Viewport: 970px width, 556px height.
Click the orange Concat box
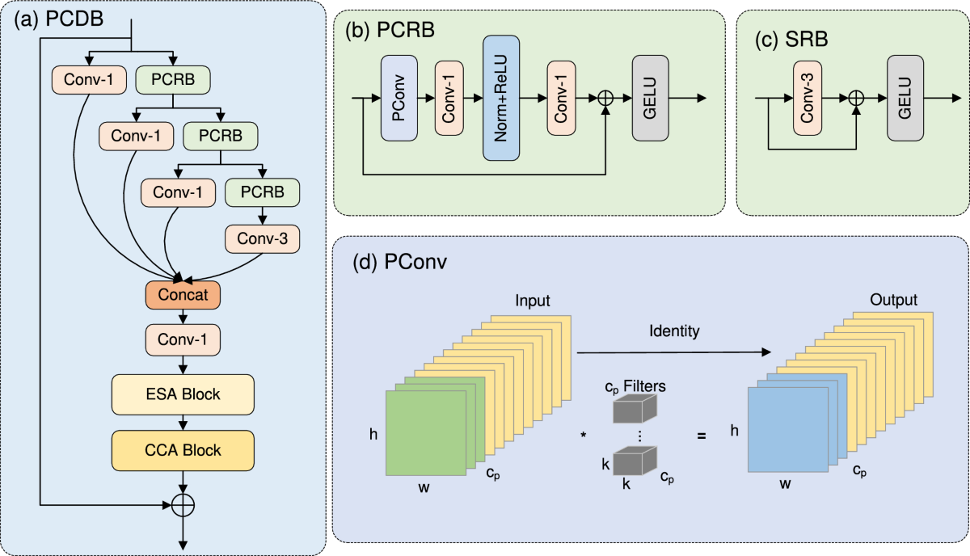point(183,295)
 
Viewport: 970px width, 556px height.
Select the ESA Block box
point(183,394)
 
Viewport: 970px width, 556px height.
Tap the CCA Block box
point(183,449)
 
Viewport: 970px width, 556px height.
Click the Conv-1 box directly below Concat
point(183,340)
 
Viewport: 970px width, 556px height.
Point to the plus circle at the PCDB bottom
point(183,505)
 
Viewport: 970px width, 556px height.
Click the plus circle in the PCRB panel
point(605,98)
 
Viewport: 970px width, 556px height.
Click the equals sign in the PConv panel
point(701,436)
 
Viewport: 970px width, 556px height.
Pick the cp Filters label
point(635,387)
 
